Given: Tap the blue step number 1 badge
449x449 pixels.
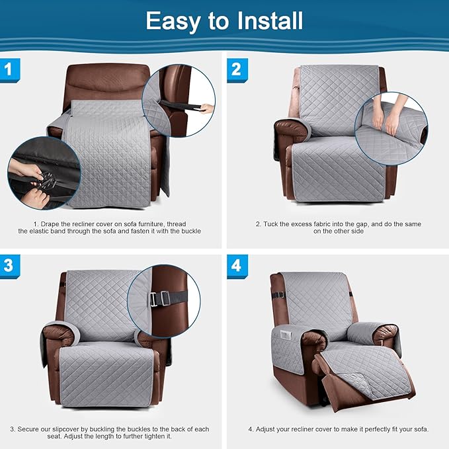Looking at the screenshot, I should pos(9,69).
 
